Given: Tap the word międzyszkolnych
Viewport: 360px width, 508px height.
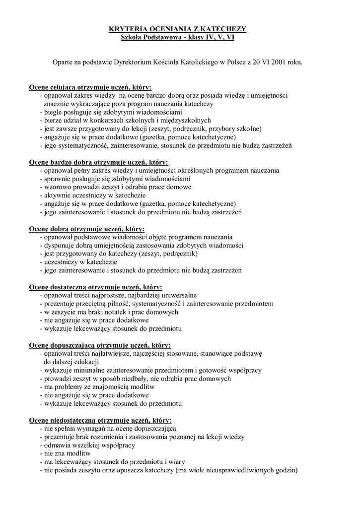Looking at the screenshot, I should (x=186, y=120).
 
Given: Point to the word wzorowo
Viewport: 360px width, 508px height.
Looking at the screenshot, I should (x=57, y=187).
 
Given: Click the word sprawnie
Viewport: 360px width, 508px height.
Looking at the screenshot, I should (x=58, y=179).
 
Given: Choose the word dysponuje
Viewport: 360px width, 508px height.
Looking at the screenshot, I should (x=60, y=246).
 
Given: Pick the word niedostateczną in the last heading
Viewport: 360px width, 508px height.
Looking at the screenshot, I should (x=72, y=420).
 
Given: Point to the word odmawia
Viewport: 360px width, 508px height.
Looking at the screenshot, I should (x=58, y=445).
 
